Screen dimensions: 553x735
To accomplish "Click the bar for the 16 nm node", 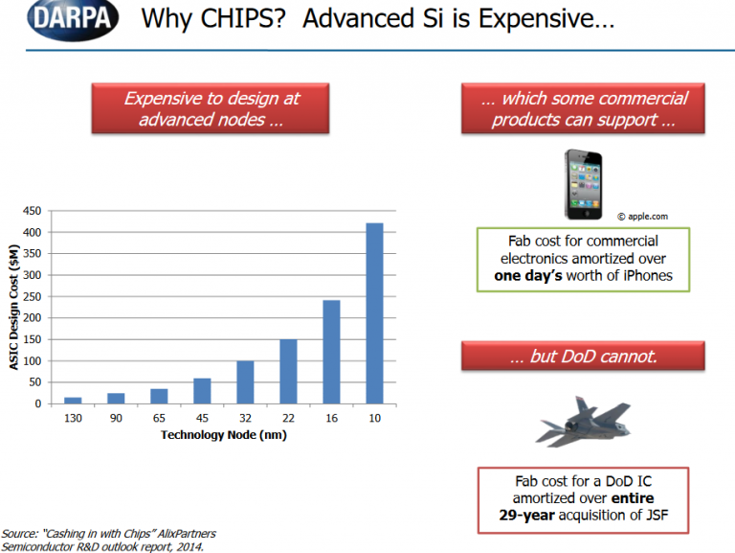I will pos(331,352).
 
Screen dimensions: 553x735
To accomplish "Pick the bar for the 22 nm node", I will pos(288,371).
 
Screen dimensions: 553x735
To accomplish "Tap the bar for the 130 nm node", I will pos(73,400).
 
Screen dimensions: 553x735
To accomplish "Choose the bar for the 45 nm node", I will pos(202,390).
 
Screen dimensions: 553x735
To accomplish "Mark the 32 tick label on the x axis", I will pos(245,418).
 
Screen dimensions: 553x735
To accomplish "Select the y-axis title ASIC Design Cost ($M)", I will pos(14,306).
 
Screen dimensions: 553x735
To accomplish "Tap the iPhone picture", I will pos(584,182).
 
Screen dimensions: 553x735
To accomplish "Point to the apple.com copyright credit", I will pos(641,218).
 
